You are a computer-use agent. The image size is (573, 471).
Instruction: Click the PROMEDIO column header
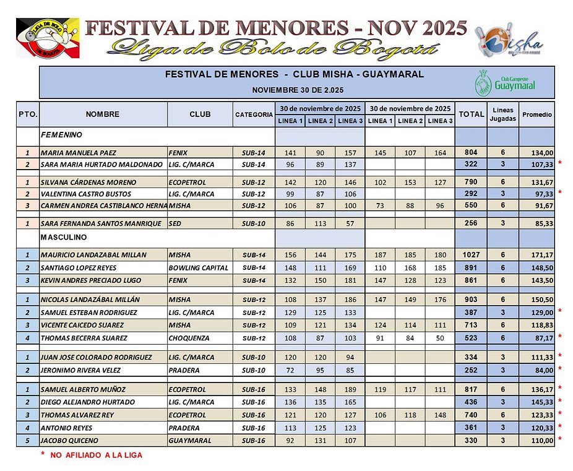(537, 115)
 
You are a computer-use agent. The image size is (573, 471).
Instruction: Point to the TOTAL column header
(472, 115)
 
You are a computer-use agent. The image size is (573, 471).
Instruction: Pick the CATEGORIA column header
(254, 115)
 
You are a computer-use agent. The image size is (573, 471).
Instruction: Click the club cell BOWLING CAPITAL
(199, 268)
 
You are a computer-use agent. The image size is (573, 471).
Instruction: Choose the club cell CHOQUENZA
(189, 339)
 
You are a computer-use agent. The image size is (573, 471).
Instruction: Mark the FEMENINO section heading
(62, 134)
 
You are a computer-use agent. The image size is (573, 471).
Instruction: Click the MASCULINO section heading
(64, 237)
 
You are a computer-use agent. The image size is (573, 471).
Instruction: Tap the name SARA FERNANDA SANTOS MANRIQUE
(101, 223)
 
